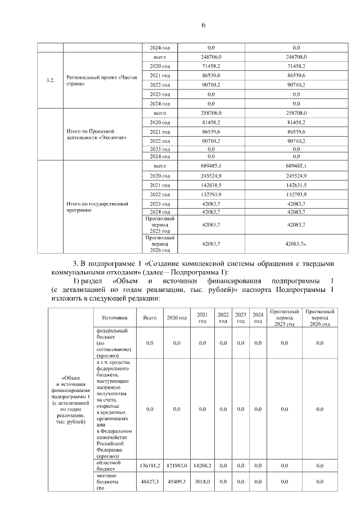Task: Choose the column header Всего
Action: pyautogui.click(x=150, y=318)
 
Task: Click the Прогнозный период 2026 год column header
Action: pyautogui.click(x=319, y=318)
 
